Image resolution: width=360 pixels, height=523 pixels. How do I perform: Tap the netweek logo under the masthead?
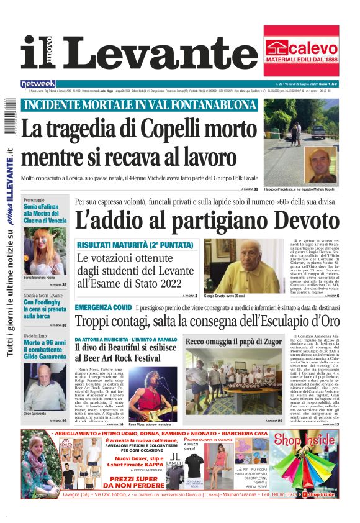tap(38, 83)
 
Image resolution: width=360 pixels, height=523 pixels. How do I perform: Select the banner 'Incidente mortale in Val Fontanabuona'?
tap(140, 105)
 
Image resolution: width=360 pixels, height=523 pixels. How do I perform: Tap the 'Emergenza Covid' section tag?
tap(103, 307)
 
